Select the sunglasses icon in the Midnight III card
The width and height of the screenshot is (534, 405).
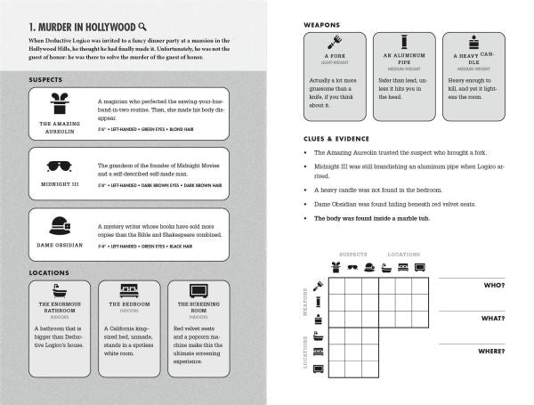coord(60,164)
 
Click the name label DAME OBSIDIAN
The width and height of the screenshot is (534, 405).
coord(60,245)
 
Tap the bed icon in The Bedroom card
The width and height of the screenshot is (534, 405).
coord(128,291)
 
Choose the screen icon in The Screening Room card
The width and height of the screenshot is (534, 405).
coord(197,291)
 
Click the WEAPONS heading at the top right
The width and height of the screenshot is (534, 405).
coord(321,24)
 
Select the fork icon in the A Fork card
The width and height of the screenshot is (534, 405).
coord(336,42)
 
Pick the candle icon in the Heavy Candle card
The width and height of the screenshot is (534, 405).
coord(472,42)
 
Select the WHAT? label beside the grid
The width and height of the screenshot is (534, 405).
coord(492,318)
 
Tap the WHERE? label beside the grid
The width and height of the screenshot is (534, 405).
coord(490,351)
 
